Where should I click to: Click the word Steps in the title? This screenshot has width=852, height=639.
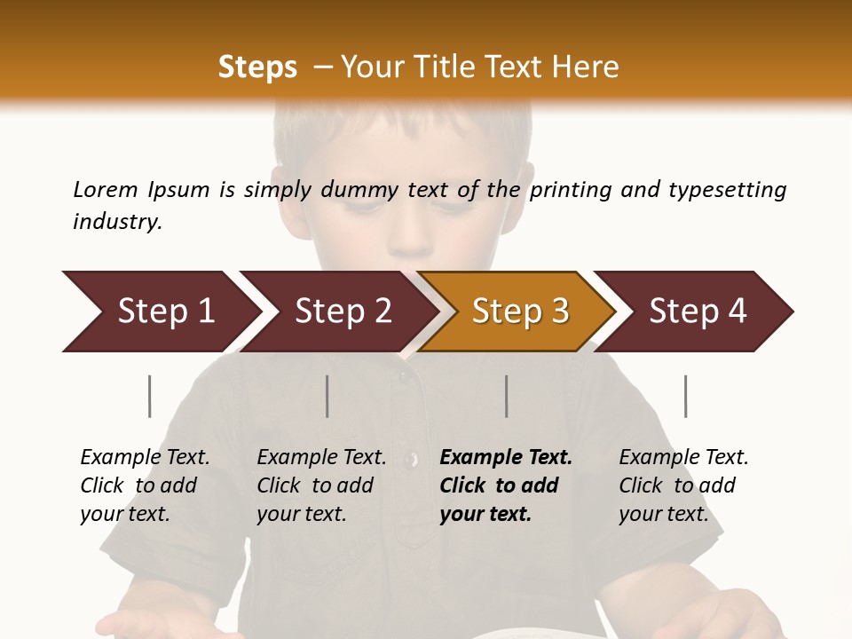click(x=257, y=67)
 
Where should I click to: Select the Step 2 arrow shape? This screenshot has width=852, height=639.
click(x=343, y=312)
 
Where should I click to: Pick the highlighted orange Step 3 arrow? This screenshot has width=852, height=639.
click(x=520, y=312)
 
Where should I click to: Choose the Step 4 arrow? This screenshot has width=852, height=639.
click(x=698, y=312)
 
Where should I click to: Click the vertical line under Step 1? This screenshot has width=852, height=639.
click(x=150, y=396)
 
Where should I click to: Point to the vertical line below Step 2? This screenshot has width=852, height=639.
click(x=327, y=396)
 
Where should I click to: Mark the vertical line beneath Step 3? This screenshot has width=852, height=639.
click(x=507, y=396)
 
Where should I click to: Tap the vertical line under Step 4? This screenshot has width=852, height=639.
click(x=686, y=396)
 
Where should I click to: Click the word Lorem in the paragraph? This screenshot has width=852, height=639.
click(x=106, y=189)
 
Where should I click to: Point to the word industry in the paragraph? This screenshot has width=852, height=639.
click(x=117, y=222)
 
